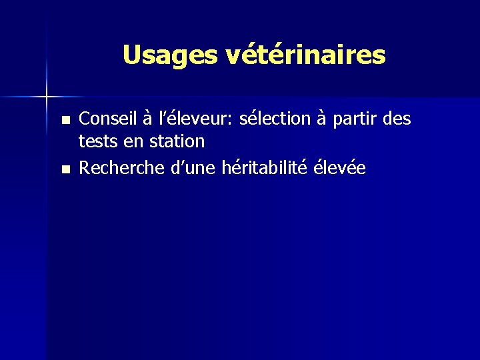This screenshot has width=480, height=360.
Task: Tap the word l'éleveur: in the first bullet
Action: click(x=187, y=119)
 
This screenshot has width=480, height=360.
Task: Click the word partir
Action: click(x=357, y=120)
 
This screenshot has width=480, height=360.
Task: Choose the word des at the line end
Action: click(x=398, y=119)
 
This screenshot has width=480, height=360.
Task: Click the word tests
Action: click(x=95, y=141)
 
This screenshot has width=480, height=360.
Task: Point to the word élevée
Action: click(x=339, y=167)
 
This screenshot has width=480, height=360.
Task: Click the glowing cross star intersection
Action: click(x=47, y=97)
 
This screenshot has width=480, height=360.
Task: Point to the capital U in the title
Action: click(x=131, y=55)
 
